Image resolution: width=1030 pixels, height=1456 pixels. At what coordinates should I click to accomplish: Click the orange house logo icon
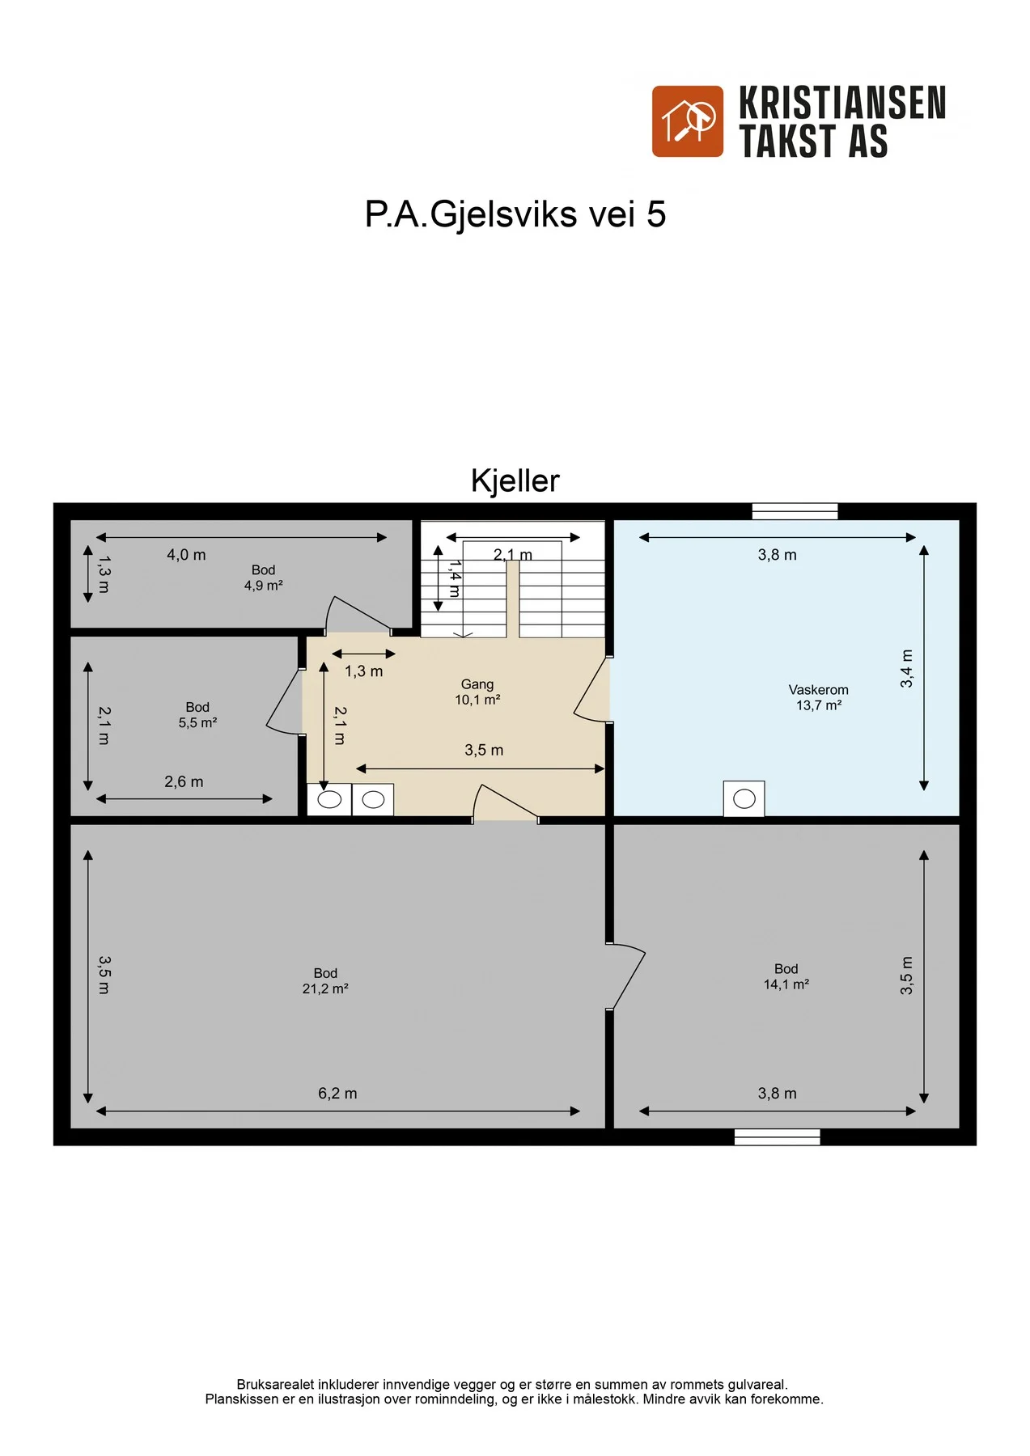pyautogui.click(x=688, y=121)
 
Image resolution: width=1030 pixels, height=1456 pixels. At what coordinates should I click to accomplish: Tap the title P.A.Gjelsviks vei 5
pyautogui.click(x=515, y=214)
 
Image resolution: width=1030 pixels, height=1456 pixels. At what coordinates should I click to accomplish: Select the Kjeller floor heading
pyautogui.click(x=515, y=480)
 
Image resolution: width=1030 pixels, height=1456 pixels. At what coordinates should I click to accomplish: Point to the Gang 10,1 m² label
pyautogui.click(x=477, y=692)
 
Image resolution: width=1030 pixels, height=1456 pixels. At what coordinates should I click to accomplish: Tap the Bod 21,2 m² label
pyautogui.click(x=325, y=981)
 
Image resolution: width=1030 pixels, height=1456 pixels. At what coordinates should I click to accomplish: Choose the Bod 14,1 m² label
pyautogui.click(x=786, y=976)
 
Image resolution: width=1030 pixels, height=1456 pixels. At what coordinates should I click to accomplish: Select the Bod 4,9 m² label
pyautogui.click(x=264, y=578)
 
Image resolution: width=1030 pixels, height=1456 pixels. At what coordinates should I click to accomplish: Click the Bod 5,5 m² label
pyautogui.click(x=197, y=715)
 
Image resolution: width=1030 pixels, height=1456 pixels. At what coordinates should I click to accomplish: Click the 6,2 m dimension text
pyautogui.click(x=337, y=1094)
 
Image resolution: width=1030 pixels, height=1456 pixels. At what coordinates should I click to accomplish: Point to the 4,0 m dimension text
pyautogui.click(x=186, y=555)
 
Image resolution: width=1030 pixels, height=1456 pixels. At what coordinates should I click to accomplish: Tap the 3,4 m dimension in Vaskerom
pyautogui.click(x=907, y=668)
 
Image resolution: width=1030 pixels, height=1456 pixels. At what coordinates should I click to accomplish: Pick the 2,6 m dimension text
pyautogui.click(x=184, y=782)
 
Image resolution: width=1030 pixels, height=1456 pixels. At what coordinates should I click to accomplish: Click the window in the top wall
pyautogui.click(x=795, y=511)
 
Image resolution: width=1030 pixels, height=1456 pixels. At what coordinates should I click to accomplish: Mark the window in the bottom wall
pyautogui.click(x=777, y=1137)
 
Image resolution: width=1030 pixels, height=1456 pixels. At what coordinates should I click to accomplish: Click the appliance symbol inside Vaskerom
pyautogui.click(x=744, y=799)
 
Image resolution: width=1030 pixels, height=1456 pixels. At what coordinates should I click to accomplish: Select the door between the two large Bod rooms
pyautogui.click(x=625, y=976)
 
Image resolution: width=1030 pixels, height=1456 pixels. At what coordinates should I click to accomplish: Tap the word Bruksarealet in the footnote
pyautogui.click(x=275, y=1385)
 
